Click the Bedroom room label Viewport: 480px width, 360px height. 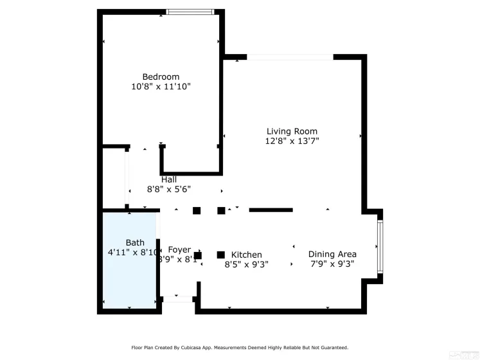click(161, 76)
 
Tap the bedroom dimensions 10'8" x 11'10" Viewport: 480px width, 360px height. click(161, 86)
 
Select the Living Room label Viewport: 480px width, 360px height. click(292, 131)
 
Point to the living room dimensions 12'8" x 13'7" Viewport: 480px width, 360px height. click(292, 141)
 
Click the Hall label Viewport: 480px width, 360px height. click(169, 179)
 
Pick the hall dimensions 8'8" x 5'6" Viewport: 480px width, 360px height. click(169, 189)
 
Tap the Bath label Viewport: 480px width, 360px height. click(135, 242)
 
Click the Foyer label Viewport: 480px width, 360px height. click(179, 249)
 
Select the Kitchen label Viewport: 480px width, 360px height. click(247, 255)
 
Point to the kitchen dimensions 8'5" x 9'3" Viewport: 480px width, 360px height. click(247, 264)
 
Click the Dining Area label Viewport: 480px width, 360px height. click(332, 254)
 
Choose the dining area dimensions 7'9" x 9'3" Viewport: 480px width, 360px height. click(332, 264)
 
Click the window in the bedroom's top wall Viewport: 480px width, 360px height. click(190, 12)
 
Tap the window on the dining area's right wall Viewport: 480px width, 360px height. click(380, 245)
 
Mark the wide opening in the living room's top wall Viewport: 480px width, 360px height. click(290, 57)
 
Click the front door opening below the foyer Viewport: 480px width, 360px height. click(178, 299)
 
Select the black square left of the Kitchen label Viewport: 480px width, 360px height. click(221, 255)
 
